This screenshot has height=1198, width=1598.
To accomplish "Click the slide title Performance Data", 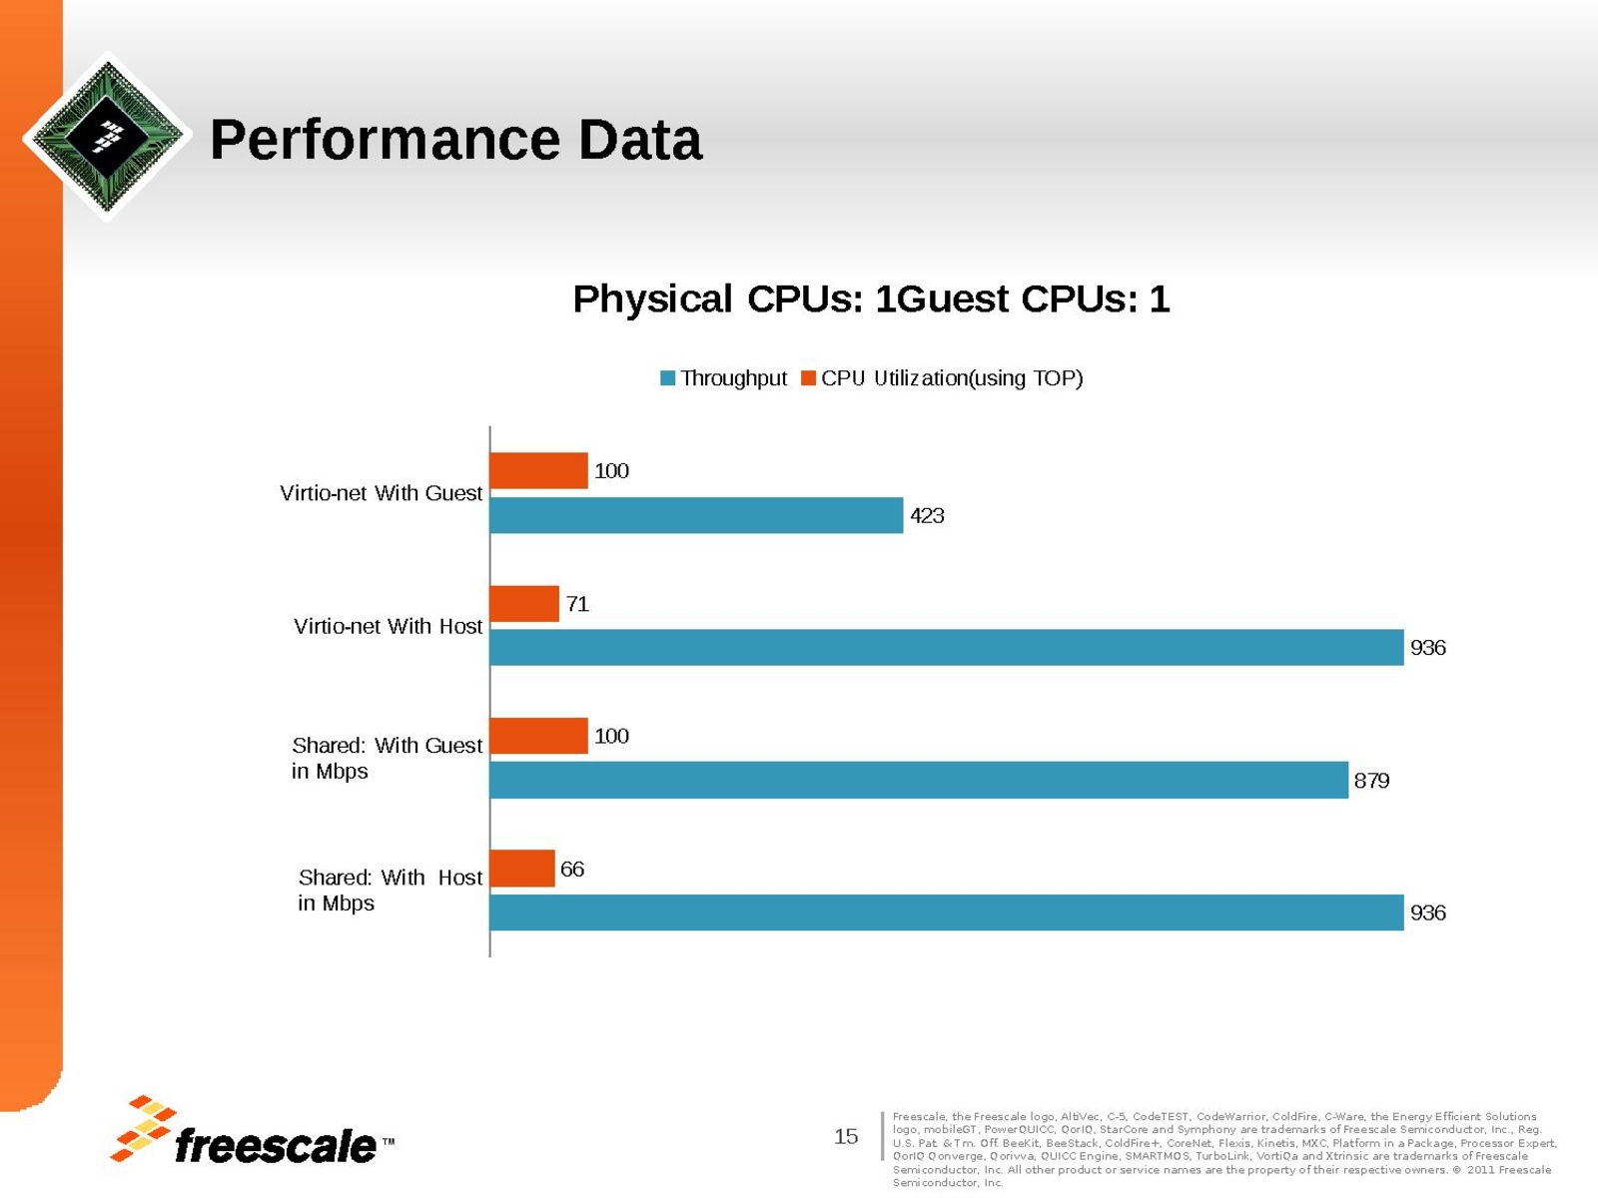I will coord(455,140).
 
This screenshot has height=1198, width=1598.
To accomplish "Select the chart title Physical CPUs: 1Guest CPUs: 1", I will coord(871,299).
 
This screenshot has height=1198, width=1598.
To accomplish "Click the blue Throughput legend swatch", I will coord(668,378).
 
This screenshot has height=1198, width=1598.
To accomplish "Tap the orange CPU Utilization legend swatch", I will coord(809,378).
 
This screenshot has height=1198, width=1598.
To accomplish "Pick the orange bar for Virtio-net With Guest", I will coord(538,471).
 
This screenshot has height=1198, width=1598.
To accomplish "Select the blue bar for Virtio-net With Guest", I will coord(696,515).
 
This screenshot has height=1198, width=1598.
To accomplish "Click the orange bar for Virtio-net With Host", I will coord(524,604).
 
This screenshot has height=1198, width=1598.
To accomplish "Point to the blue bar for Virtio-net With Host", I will coord(946,648).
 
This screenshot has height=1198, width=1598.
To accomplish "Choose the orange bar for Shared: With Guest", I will coord(538,736).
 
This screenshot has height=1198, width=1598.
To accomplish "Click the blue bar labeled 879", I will coord(919,780).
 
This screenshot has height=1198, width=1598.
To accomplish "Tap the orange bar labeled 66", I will coord(522,869).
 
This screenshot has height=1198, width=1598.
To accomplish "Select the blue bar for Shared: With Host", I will coord(946,912).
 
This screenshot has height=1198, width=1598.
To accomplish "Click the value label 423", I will coord(927,516).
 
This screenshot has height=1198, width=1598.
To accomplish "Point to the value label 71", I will coord(577,604).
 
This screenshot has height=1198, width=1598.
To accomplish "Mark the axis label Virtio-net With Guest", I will coord(381,493).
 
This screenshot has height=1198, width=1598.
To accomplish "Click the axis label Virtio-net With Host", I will coord(388,626).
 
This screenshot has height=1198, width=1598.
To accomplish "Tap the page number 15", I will coord(846,1136).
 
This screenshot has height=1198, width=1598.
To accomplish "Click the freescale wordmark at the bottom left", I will coord(275,1146).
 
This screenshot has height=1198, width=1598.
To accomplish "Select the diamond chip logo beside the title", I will coord(107,136).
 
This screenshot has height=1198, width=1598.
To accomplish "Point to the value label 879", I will coord(1371,781).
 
